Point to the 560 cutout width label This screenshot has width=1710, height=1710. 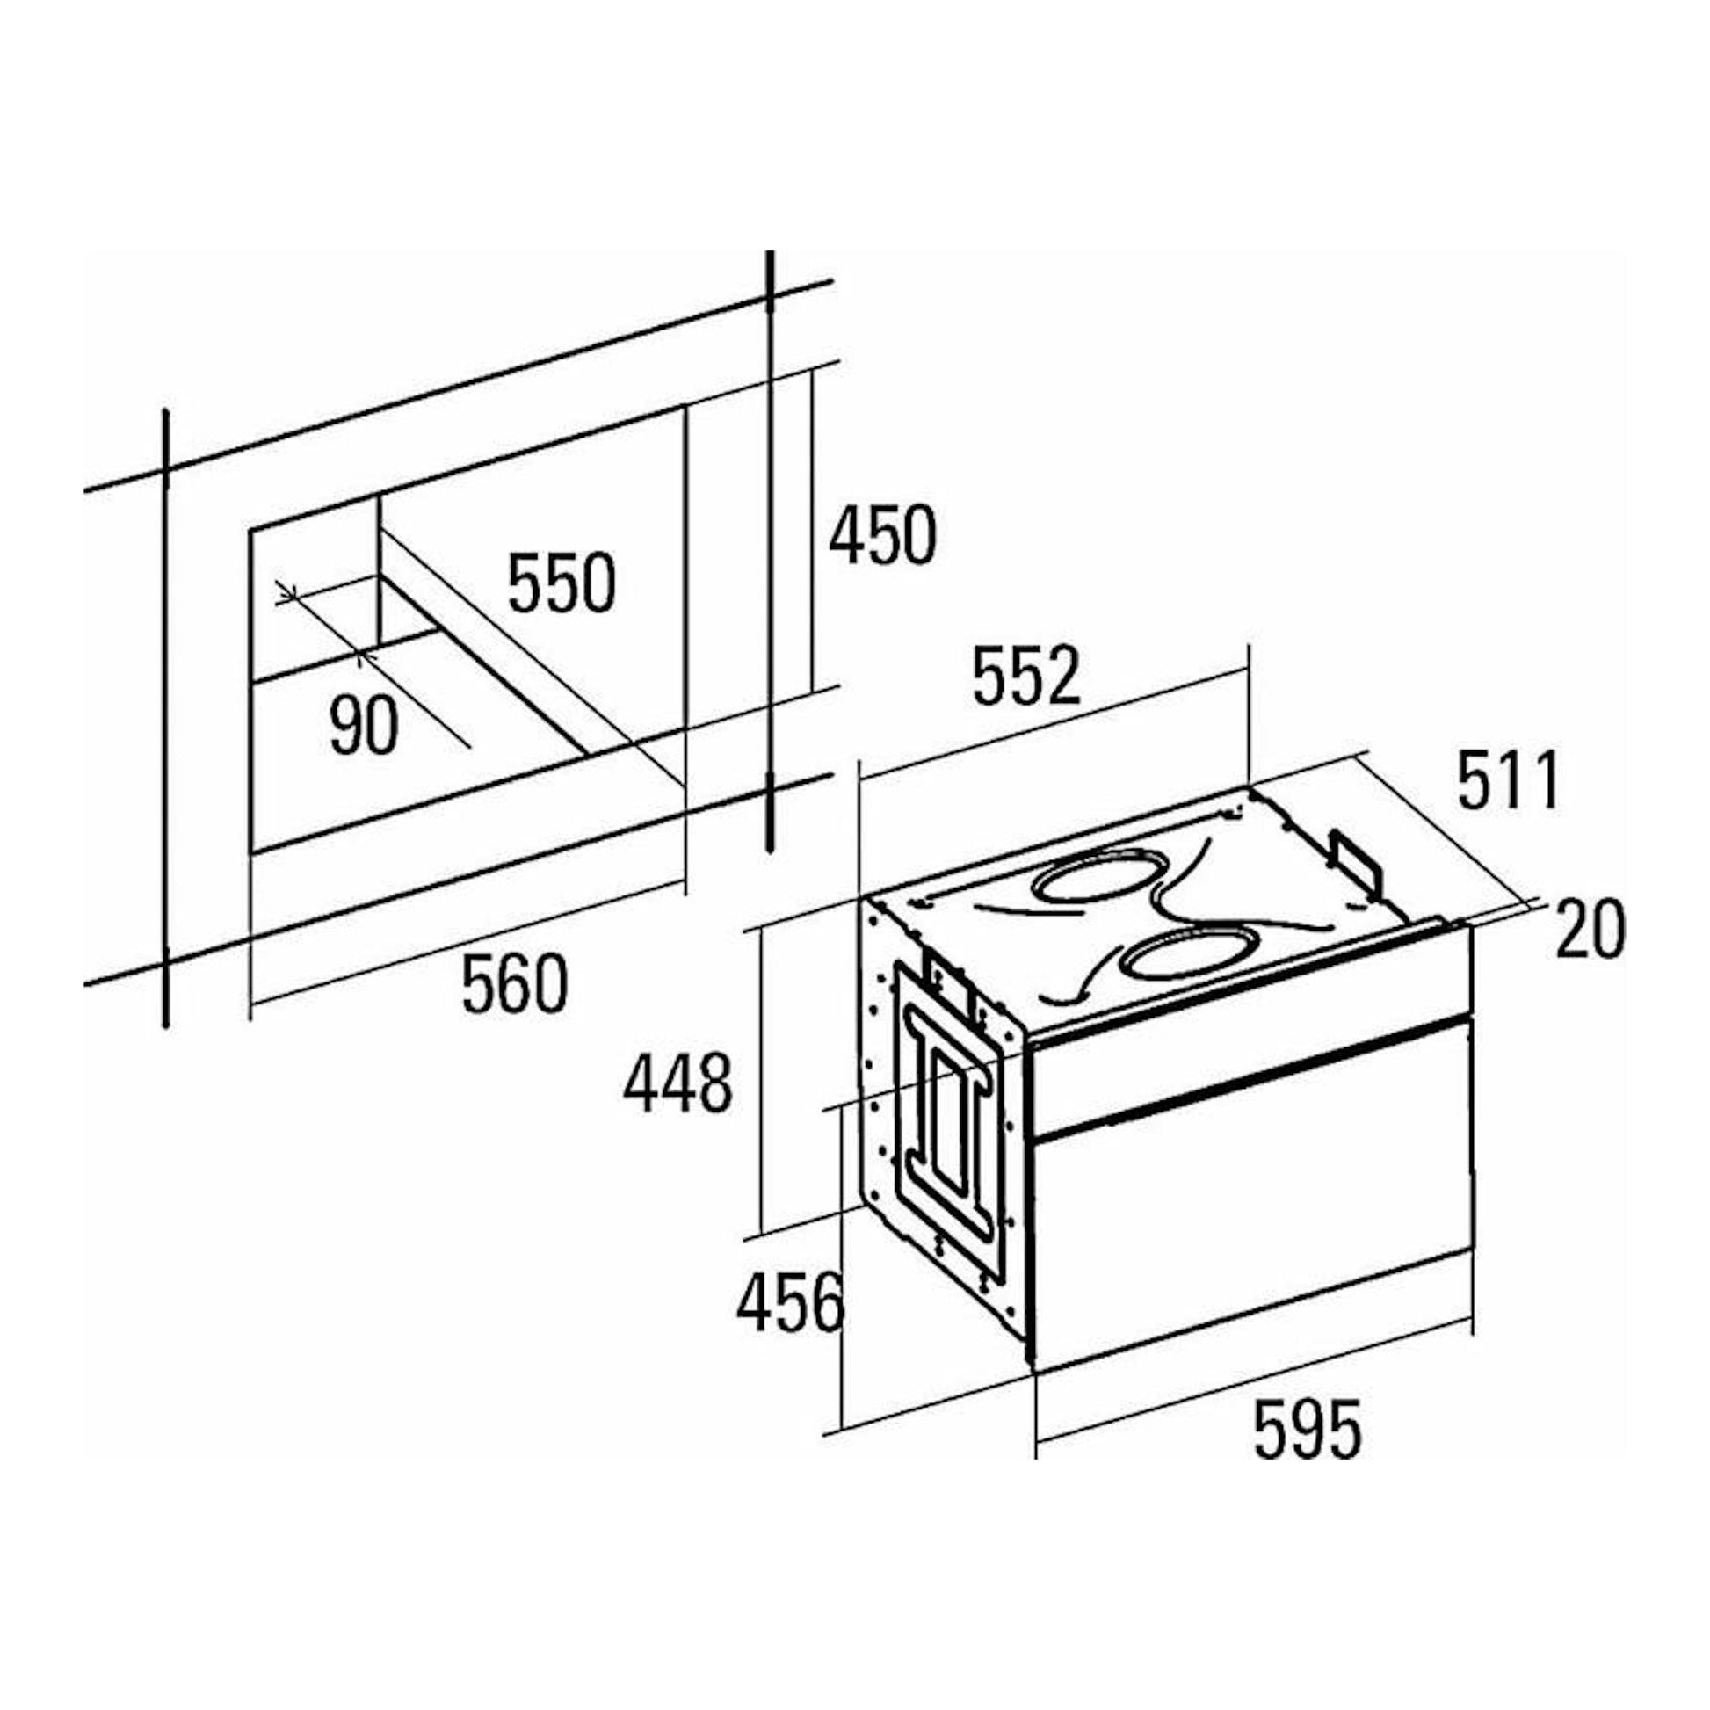513,982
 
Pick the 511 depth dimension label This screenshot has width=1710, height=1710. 1507,778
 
